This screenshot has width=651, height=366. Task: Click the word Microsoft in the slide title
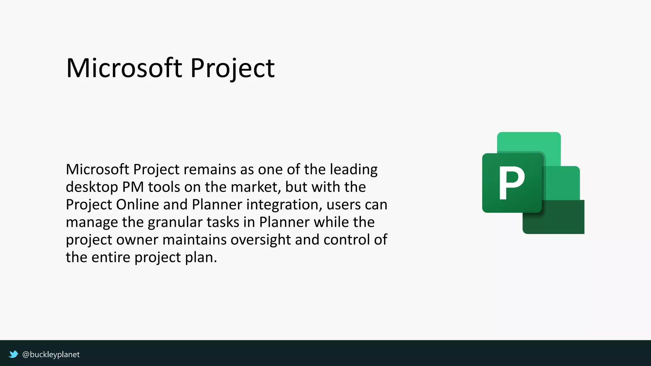tap(124, 68)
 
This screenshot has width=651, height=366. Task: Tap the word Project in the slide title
tap(232, 68)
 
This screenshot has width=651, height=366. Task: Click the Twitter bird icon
tap(13, 354)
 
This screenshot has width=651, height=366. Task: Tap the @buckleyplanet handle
tap(51, 354)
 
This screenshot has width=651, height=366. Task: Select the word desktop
tap(92, 187)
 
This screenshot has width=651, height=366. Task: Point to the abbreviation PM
tap(133, 187)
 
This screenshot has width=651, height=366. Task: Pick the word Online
tap(137, 205)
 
